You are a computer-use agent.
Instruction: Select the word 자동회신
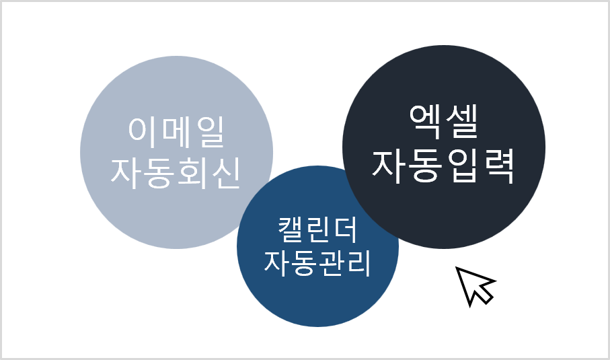pyautogui.click(x=176, y=173)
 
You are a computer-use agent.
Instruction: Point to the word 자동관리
pyautogui.click(x=317, y=262)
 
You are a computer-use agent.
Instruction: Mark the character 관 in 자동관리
pyautogui.click(x=331, y=262)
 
